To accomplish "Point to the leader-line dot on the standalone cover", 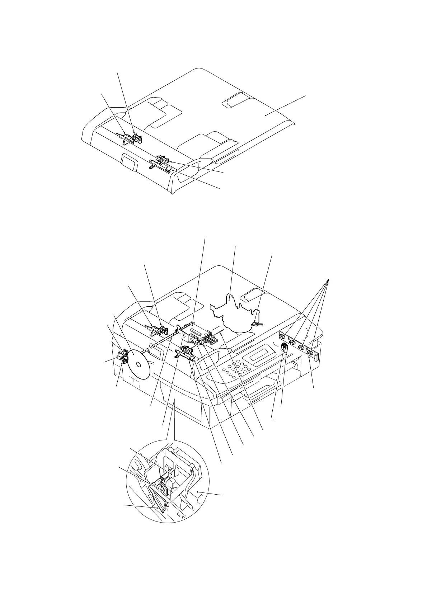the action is click(x=265, y=114).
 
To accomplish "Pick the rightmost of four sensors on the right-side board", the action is click(x=311, y=355).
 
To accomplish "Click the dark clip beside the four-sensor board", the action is click(x=285, y=347).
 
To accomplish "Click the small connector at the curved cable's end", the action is click(x=255, y=324).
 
